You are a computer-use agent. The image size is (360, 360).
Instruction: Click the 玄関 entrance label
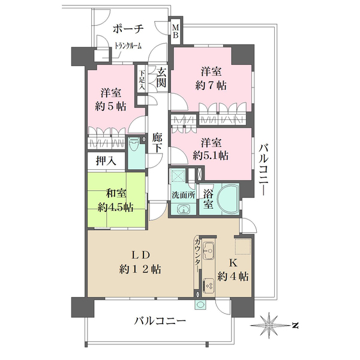160,77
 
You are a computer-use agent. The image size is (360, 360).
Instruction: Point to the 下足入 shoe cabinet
142,78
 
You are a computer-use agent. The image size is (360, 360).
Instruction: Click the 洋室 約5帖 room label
112,100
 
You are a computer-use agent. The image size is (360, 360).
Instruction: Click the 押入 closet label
106,161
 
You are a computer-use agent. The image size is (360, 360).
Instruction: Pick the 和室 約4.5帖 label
116,200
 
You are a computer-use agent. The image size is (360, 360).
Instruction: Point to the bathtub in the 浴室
227,199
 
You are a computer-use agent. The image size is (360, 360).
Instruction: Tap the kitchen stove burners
209,286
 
